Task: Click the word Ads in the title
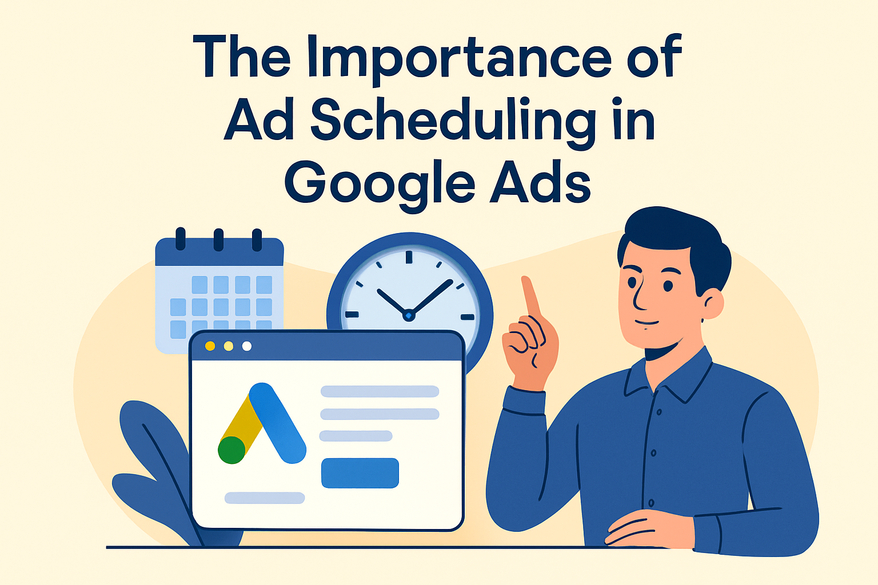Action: (541, 182)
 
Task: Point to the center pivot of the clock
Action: (409, 315)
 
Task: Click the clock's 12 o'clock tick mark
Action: (409, 257)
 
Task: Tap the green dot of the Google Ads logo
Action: (232, 450)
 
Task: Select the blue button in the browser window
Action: (360, 473)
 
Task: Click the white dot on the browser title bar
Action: (247, 346)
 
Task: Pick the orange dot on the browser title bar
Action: (210, 346)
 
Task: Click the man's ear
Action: (712, 304)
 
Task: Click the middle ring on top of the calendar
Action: (218, 239)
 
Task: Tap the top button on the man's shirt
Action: (659, 412)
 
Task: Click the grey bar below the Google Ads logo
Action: (265, 498)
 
